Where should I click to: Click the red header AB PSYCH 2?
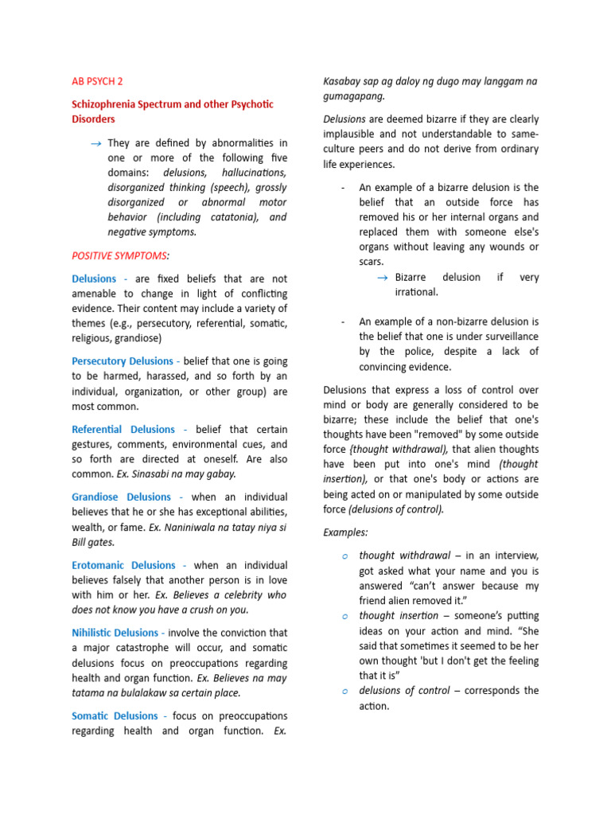[97, 81]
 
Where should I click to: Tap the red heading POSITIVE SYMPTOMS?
[120, 255]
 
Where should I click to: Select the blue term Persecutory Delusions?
[123, 361]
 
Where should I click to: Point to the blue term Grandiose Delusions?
[121, 497]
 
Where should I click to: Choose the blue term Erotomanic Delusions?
[124, 565]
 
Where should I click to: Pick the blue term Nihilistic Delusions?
[115, 633]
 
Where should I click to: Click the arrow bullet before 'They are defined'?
[95, 143]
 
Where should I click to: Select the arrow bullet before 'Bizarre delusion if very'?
[381, 278]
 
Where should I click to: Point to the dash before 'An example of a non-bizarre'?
[342, 322]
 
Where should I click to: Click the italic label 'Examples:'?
[345, 532]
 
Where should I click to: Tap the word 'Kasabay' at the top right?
[342, 81]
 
